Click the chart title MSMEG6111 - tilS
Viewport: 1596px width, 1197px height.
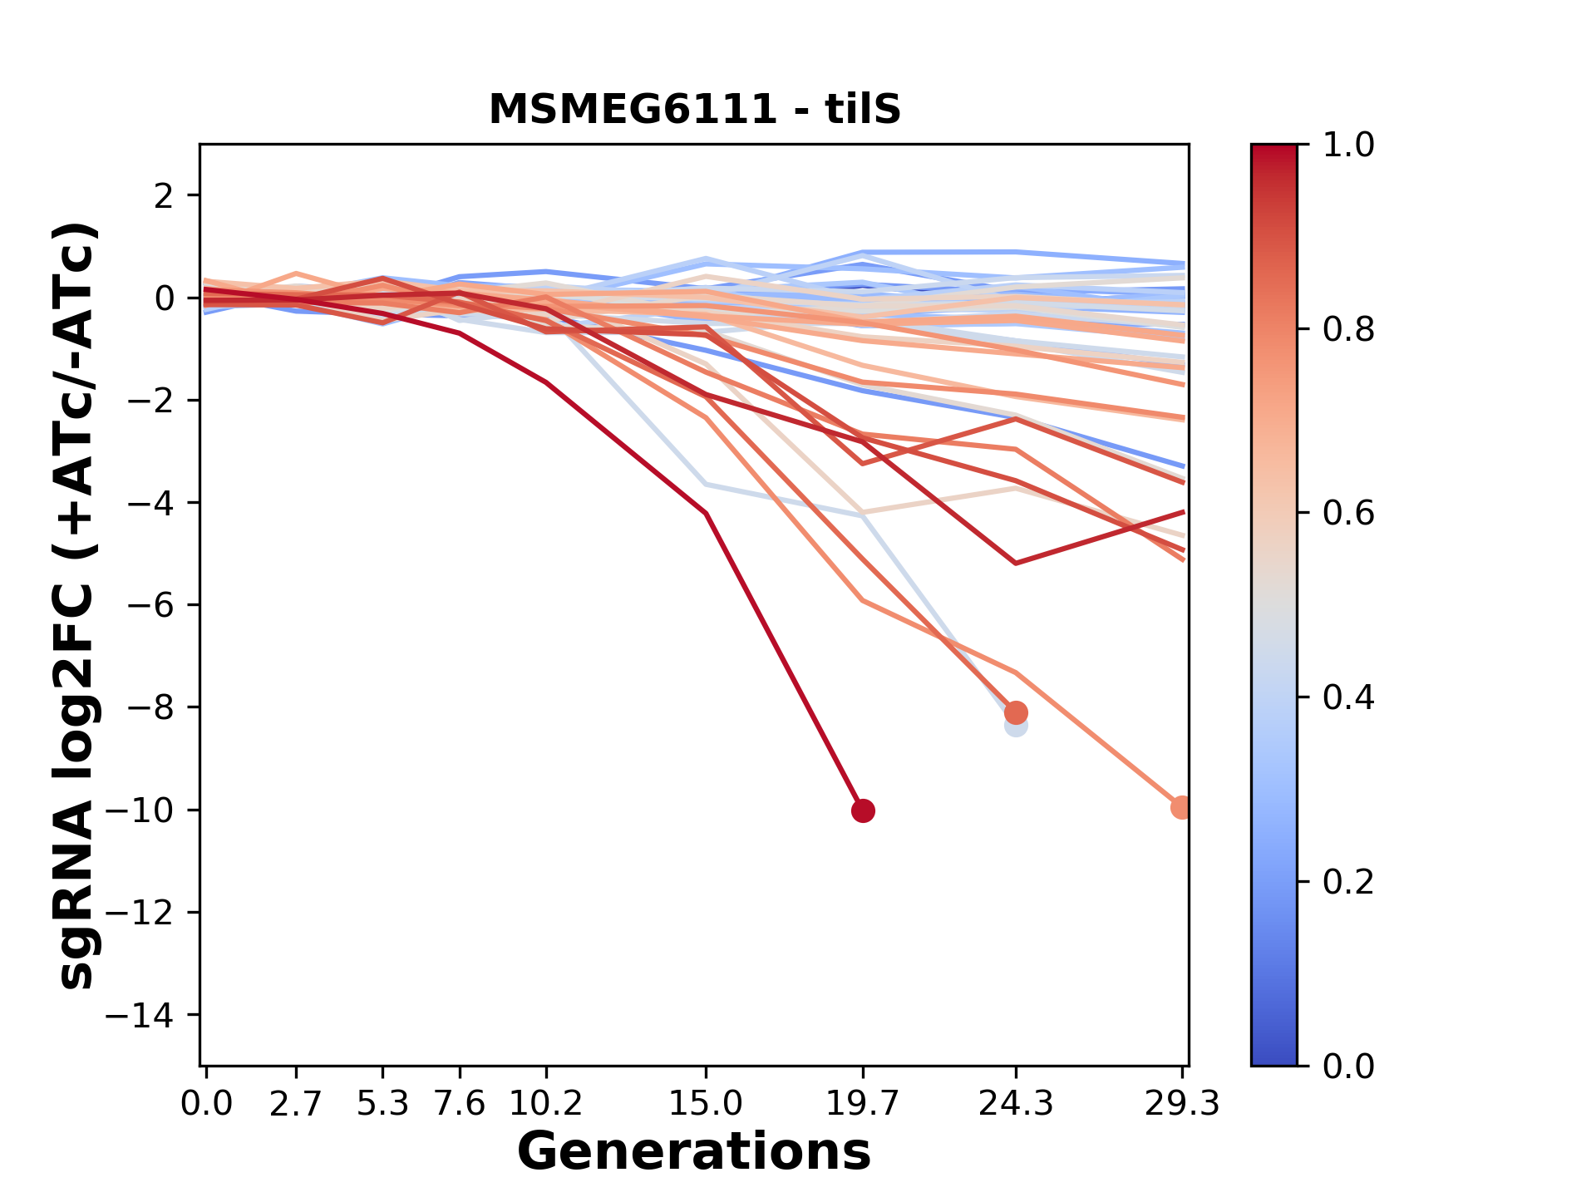[694, 110]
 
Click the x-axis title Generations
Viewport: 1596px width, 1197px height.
[694, 1152]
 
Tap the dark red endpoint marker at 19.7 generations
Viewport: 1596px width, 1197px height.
[863, 810]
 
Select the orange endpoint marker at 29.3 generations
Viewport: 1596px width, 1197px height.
[1181, 807]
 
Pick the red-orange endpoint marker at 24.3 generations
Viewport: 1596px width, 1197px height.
[1016, 712]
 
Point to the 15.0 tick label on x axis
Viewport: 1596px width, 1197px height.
[706, 1104]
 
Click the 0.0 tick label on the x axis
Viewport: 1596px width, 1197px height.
[206, 1104]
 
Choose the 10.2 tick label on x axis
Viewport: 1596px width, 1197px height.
[546, 1104]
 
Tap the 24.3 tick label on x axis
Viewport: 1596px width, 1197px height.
[1016, 1104]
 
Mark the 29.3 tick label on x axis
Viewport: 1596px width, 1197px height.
[1181, 1104]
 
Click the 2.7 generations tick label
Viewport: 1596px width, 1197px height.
[296, 1104]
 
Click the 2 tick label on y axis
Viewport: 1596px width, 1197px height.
[164, 196]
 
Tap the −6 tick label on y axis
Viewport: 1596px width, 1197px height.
[150, 605]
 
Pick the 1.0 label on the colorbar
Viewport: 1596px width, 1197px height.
[1348, 145]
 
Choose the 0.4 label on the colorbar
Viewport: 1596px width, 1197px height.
[1348, 697]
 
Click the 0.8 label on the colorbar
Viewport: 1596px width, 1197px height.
[1348, 330]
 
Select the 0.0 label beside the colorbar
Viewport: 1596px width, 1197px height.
[1348, 1066]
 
